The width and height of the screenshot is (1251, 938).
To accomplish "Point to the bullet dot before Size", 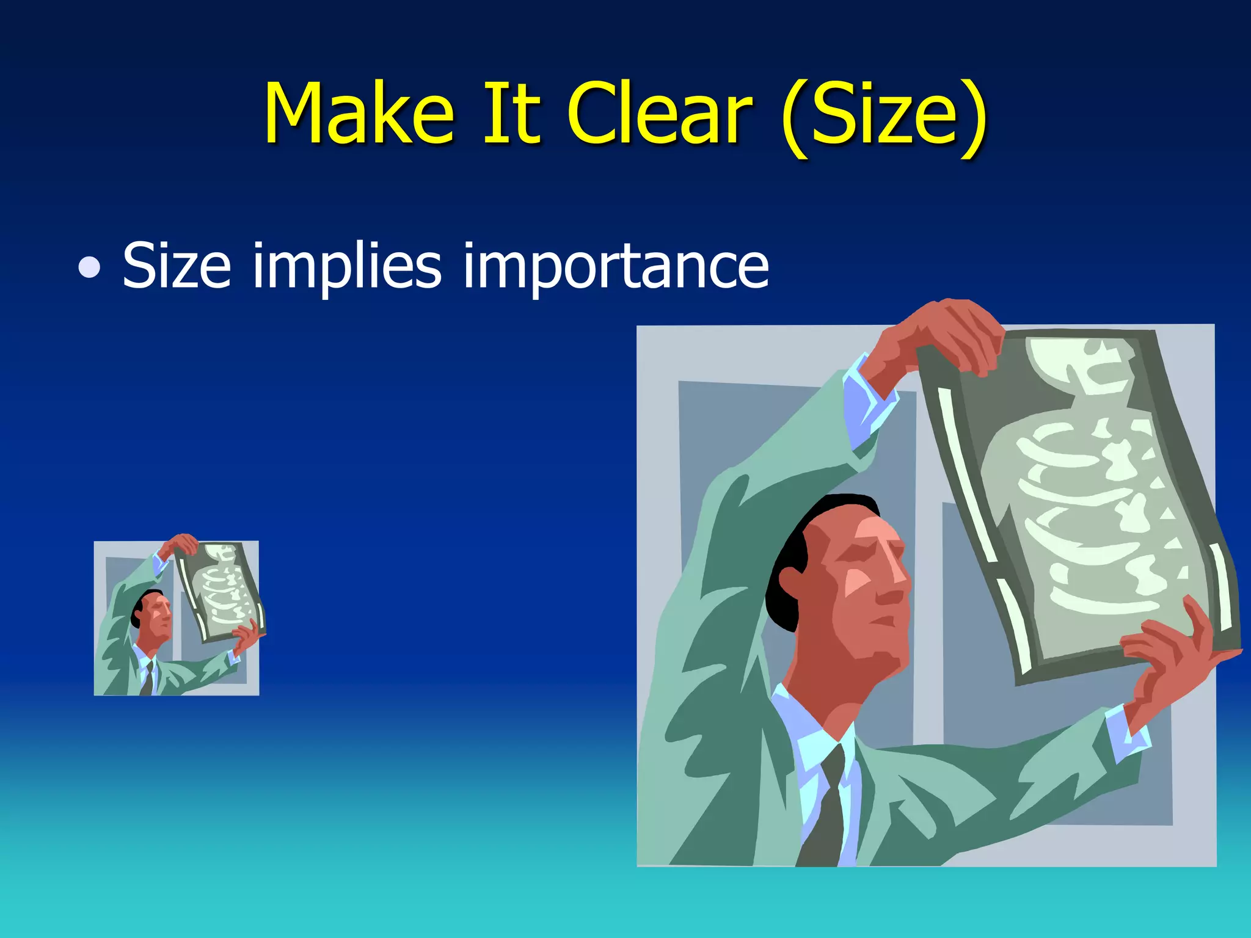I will click(x=90, y=267).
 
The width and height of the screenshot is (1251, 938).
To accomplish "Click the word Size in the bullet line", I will click(x=177, y=265).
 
